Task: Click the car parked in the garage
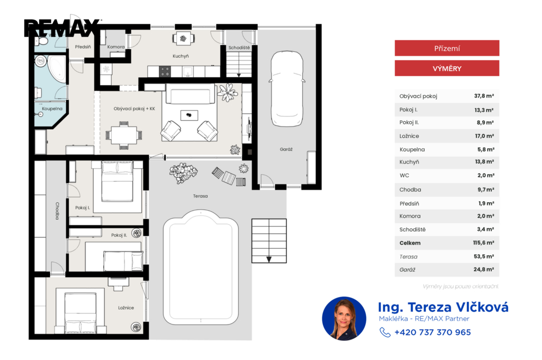coord(287,89)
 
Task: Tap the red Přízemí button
coord(447,48)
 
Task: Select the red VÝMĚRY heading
coord(447,68)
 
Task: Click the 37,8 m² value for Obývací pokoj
coord(484,96)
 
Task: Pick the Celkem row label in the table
coord(410,243)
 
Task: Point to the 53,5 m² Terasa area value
coord(484,256)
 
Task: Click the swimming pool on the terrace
coord(201,267)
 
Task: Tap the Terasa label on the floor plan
coord(201,196)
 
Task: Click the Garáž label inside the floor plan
coord(286,149)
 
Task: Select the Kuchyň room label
coord(181,56)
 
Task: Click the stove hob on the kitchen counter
coord(165,71)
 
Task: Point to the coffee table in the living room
coord(189,115)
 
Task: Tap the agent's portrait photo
coord(344,319)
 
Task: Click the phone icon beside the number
coord(385,332)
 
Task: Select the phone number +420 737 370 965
coord(432,332)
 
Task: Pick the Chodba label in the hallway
coord(57,211)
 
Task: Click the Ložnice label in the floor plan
coord(126,308)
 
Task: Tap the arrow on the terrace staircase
coord(269,259)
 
